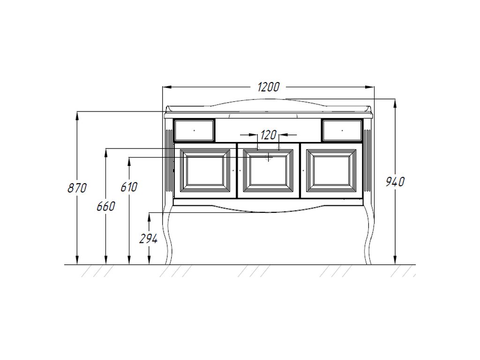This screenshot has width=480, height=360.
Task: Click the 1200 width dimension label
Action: tap(269, 87)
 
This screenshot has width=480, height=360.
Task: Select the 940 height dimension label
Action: tap(395, 182)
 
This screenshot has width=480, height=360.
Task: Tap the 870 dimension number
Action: tap(77, 188)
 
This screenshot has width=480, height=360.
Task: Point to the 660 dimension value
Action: tap(106, 206)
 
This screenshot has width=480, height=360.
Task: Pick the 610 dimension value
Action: tap(129, 187)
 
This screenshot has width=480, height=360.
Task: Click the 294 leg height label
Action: tap(149, 239)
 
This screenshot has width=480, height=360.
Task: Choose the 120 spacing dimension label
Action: tap(269, 135)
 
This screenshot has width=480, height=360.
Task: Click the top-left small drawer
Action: tap(194, 130)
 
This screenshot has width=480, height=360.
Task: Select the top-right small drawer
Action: tap(342, 130)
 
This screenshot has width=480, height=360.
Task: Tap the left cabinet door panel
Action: tap(205, 171)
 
